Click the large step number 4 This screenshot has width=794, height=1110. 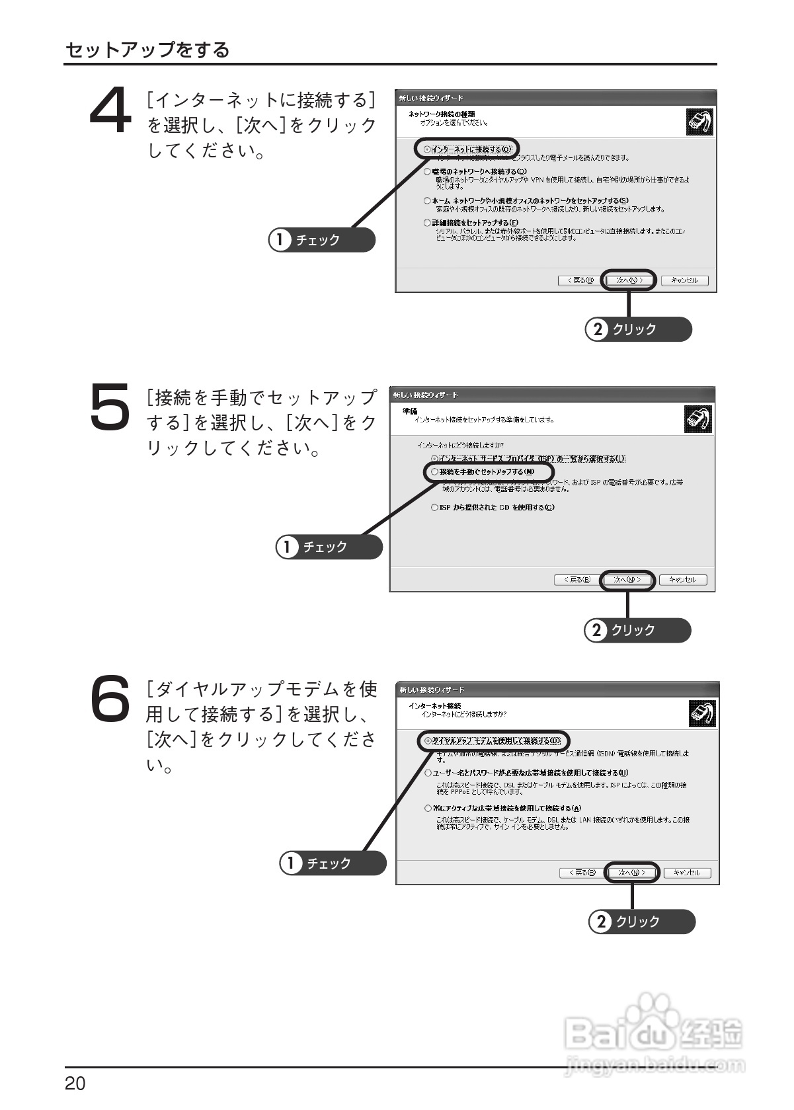110,112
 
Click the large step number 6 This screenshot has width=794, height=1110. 109,699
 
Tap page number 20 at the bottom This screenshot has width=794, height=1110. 75,1084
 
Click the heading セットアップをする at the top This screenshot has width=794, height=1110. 147,50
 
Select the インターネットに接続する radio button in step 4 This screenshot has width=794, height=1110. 427,149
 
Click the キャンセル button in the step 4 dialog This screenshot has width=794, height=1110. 684,280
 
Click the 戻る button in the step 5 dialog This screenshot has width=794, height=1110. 573,580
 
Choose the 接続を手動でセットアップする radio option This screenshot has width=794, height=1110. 434,472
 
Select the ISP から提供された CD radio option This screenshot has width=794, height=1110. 434,508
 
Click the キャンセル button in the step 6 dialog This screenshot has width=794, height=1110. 687,873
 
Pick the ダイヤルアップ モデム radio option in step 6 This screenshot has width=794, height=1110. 428,740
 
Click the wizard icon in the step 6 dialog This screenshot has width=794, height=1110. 701,713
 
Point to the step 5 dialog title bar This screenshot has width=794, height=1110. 552,395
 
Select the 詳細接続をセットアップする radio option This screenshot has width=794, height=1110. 427,223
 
